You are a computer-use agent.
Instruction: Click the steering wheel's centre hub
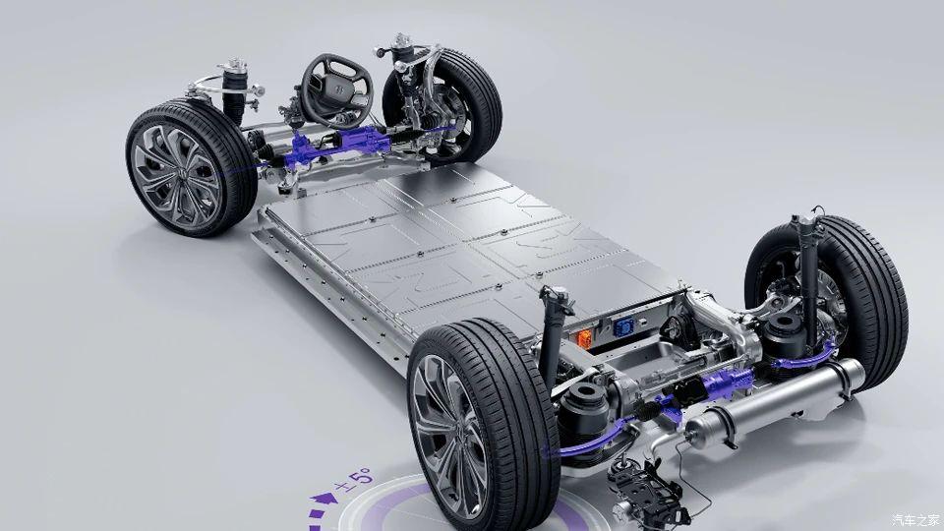click(335, 91)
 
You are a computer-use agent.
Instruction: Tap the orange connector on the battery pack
click(584, 337)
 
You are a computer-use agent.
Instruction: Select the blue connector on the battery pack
click(621, 326)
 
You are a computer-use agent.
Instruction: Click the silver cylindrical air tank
click(775, 401)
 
